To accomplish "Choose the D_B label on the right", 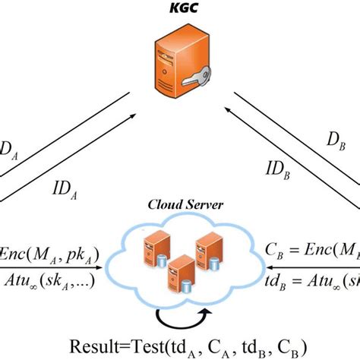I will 336,142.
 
